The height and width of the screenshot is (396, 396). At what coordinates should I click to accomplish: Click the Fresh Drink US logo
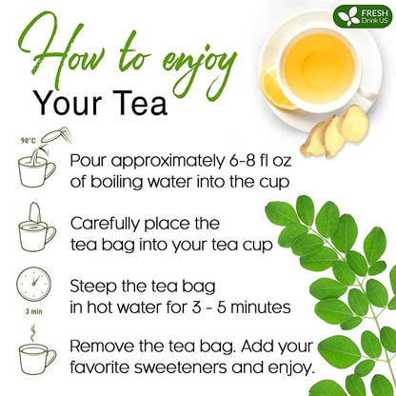pyautogui.click(x=361, y=16)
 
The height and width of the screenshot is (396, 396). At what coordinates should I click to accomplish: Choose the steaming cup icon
pyautogui.click(x=33, y=355)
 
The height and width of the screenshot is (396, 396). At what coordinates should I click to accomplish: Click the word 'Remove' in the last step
pyautogui.click(x=103, y=345)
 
